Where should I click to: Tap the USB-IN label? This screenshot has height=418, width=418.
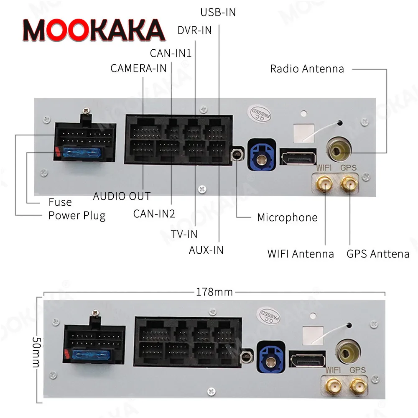point(218,13)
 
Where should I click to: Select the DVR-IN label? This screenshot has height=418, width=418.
point(194,31)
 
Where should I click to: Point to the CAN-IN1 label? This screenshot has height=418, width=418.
point(171,53)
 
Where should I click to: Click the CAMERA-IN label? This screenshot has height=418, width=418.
point(138,68)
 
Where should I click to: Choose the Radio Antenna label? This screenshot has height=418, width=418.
point(307,69)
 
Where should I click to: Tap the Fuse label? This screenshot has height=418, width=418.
point(60,202)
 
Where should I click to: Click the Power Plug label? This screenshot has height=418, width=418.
point(77,216)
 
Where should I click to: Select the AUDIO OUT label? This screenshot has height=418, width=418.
point(122,196)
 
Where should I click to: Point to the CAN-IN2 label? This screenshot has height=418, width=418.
point(154,214)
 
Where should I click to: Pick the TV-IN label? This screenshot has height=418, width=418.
point(184,234)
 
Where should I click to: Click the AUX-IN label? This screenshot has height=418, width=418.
point(206,250)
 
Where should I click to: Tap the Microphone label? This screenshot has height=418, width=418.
point(287,217)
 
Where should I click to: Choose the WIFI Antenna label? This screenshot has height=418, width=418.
point(301,254)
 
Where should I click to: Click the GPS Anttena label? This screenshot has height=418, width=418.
point(378,254)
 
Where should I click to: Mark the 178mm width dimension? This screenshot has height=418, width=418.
point(214,292)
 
